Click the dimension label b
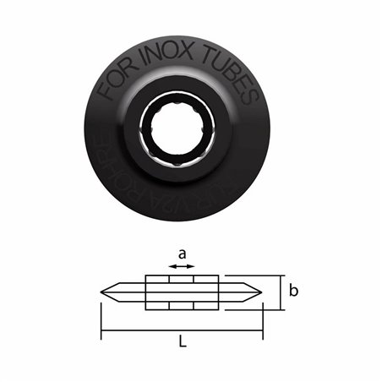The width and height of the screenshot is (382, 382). coord(293,292)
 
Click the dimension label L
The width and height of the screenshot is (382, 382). coord(182,344)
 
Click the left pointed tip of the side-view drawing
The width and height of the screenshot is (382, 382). coord(103,292)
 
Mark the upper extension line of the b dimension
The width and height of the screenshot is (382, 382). coord(254,276)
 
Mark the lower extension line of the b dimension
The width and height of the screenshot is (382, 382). coord(254,309)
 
